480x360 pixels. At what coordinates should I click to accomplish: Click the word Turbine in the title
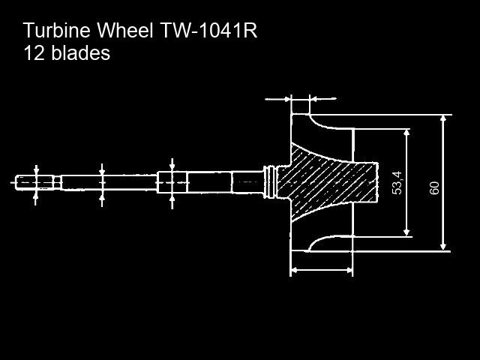57,30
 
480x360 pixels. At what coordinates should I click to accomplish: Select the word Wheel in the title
125,30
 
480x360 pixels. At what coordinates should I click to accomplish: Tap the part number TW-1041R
208,30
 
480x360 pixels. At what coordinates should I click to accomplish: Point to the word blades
80,52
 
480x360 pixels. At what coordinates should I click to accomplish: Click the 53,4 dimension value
397,183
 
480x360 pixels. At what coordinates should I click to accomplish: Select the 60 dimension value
434,188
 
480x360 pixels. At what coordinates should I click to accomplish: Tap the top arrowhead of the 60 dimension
443,118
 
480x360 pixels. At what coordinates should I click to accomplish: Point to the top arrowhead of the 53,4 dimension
406,133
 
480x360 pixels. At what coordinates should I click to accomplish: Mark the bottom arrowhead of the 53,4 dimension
406,232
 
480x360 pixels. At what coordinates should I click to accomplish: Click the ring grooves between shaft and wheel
270,182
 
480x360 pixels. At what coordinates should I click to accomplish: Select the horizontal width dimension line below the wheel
322,270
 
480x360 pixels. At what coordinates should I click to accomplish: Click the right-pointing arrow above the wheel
277,99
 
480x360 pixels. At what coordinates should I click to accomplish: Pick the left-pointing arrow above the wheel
323,99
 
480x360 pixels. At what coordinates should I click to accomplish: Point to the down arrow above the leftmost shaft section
37,170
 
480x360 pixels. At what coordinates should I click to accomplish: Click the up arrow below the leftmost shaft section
36,197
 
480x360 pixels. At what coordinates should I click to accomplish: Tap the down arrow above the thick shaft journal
172,165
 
